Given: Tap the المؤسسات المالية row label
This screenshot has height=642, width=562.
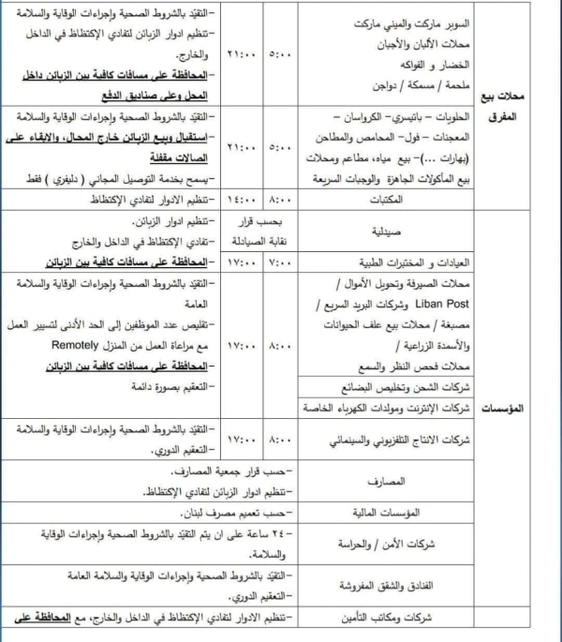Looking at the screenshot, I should [x=389, y=513].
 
